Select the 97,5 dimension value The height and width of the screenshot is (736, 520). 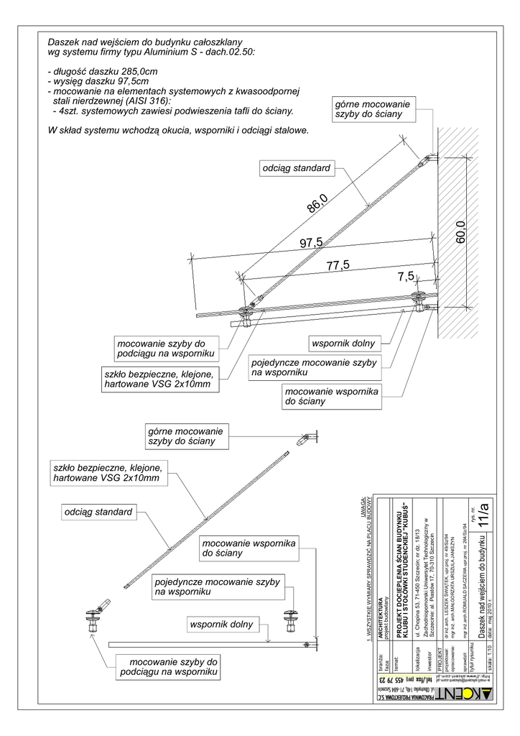(x=311, y=244)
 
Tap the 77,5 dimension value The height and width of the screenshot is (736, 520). (x=338, y=265)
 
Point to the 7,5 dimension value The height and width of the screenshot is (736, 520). (x=405, y=276)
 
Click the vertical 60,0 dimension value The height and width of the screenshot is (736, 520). (x=460, y=232)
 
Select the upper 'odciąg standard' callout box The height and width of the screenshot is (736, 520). (x=297, y=168)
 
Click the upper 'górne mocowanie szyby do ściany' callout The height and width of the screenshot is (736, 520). (x=372, y=110)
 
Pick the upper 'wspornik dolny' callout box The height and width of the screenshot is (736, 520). (x=343, y=343)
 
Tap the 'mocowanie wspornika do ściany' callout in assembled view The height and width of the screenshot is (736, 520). (x=331, y=396)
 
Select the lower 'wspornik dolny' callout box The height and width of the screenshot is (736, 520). (x=222, y=625)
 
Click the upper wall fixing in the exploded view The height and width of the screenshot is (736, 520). (x=307, y=437)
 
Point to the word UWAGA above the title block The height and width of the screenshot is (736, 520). (x=364, y=506)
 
